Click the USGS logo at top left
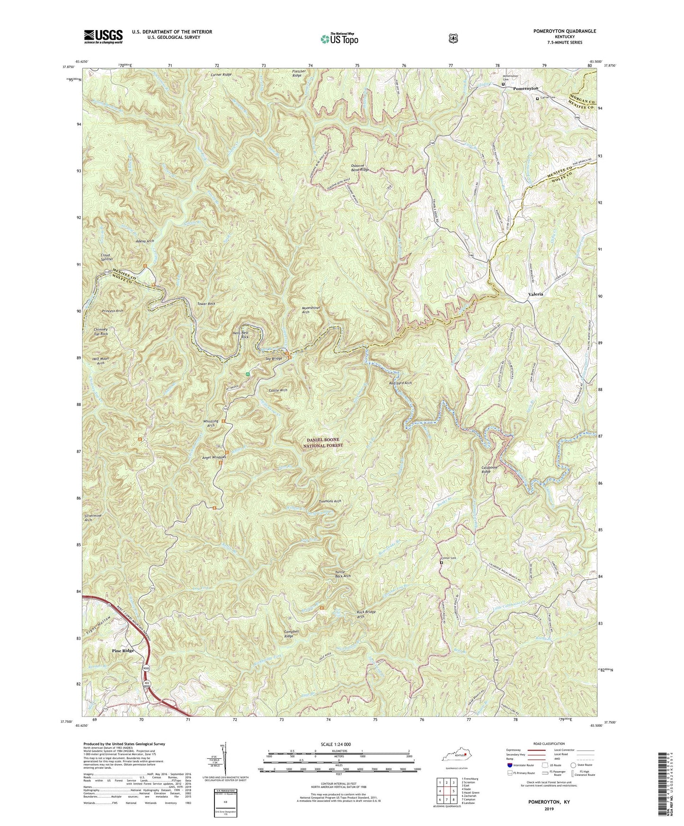click(x=103, y=36)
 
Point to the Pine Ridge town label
click(x=123, y=651)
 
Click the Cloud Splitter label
click(x=106, y=257)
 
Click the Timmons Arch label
click(x=330, y=501)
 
